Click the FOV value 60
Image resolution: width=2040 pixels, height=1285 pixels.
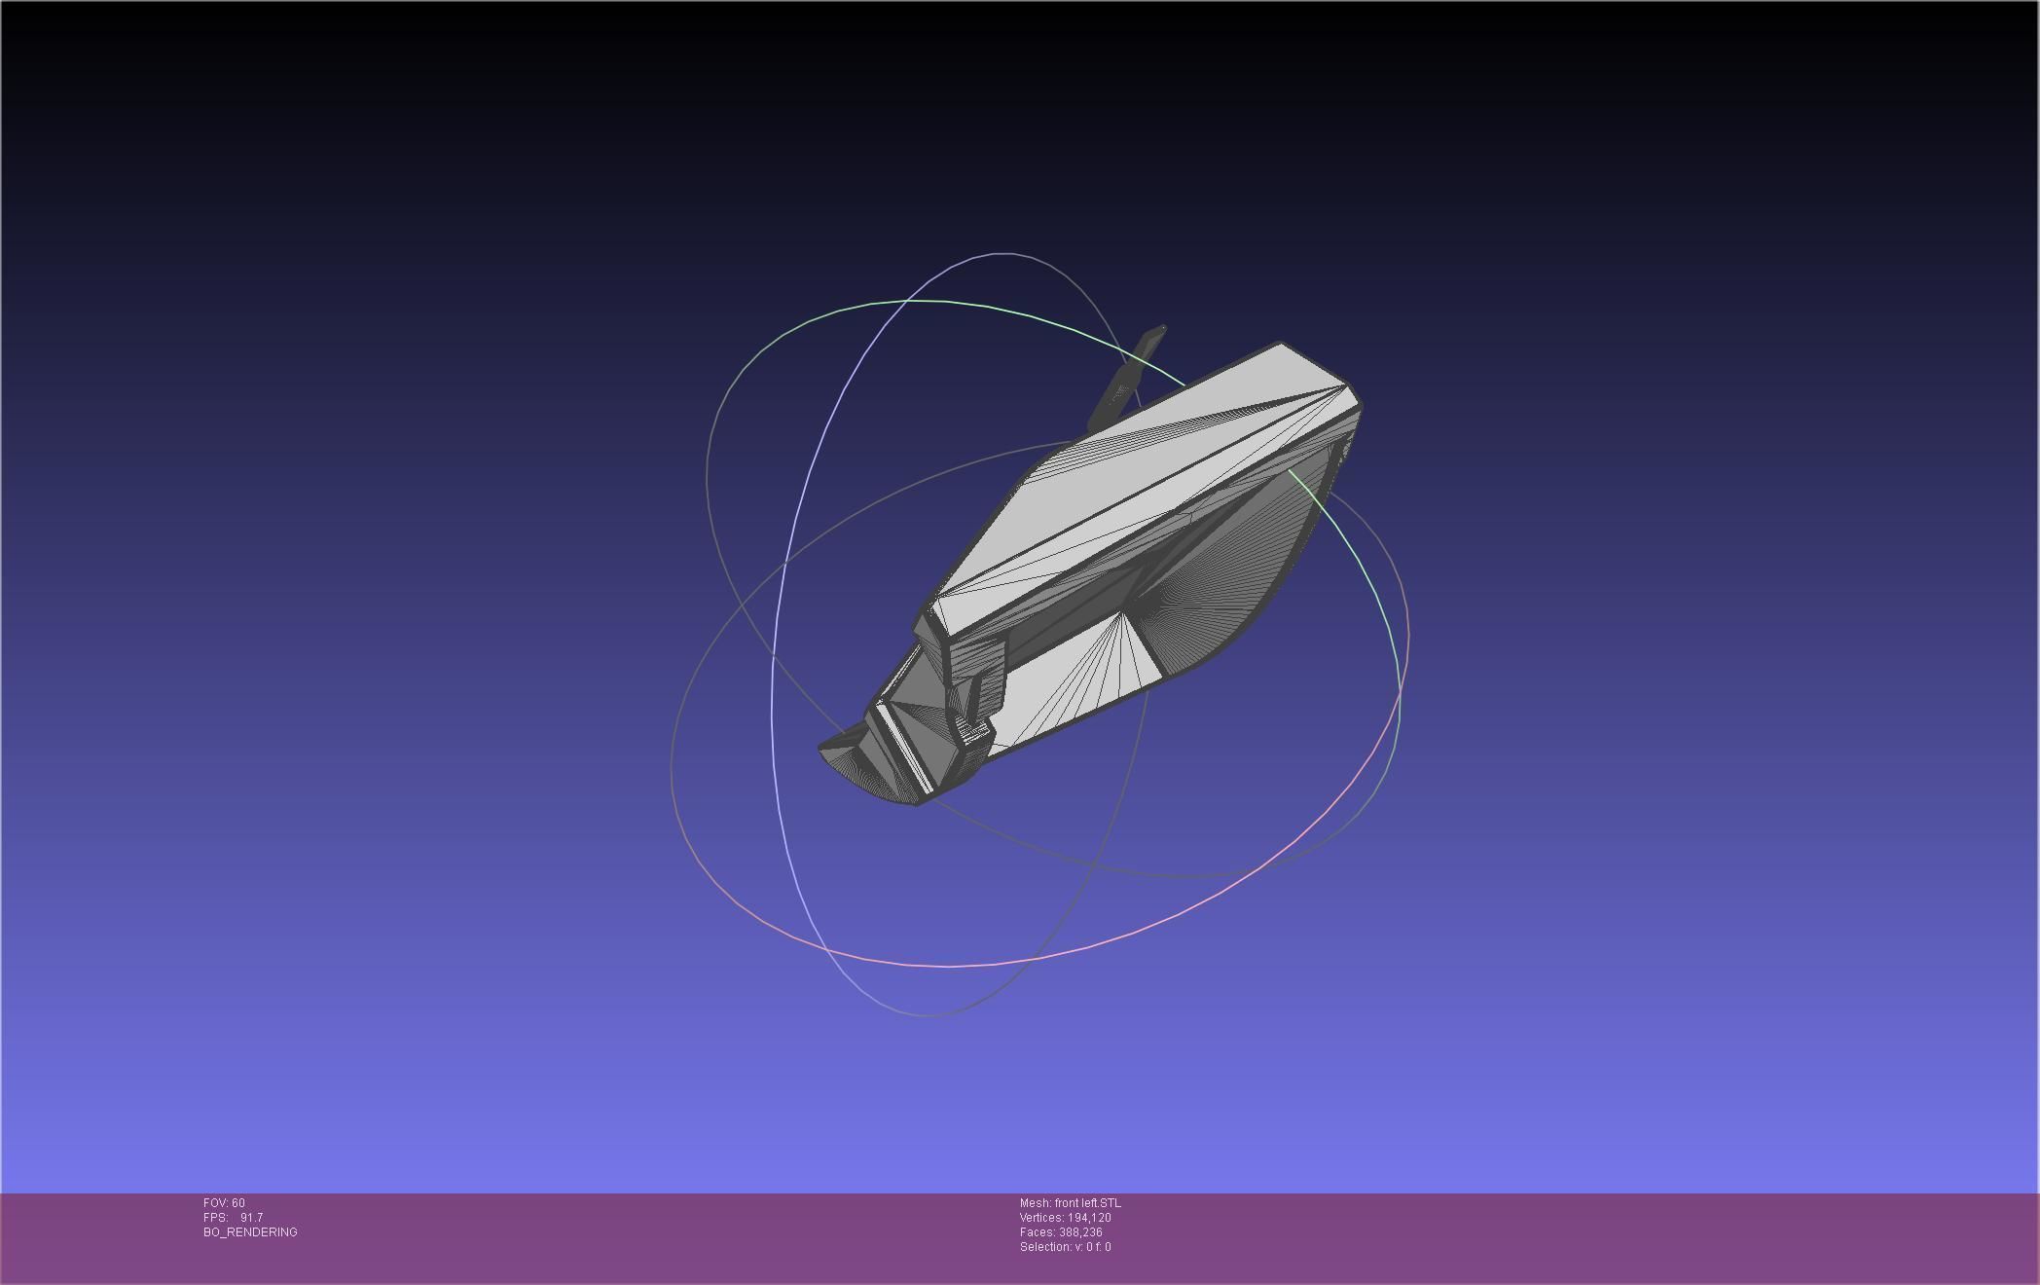[238, 1203]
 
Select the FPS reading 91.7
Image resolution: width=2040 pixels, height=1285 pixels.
[251, 1218]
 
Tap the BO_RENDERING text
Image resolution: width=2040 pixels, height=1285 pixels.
[250, 1232]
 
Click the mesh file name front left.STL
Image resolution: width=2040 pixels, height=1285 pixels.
[1087, 1203]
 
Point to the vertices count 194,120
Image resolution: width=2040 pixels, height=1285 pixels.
[1089, 1218]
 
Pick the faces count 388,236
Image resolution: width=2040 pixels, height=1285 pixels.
[1080, 1232]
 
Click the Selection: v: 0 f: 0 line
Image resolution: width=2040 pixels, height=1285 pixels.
[1065, 1247]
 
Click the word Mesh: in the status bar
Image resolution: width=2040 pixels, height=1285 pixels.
[1035, 1203]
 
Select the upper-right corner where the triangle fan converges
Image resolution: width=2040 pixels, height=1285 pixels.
[1349, 388]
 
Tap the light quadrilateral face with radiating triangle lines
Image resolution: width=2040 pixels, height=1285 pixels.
[1071, 681]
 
